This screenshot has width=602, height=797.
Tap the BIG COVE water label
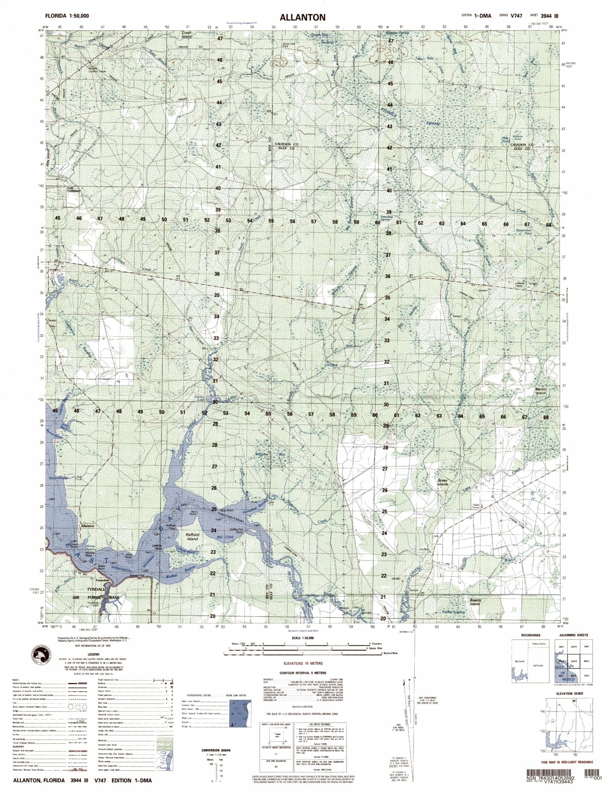tap(225, 538)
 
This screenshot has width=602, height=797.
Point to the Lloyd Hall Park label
tap(289, 45)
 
